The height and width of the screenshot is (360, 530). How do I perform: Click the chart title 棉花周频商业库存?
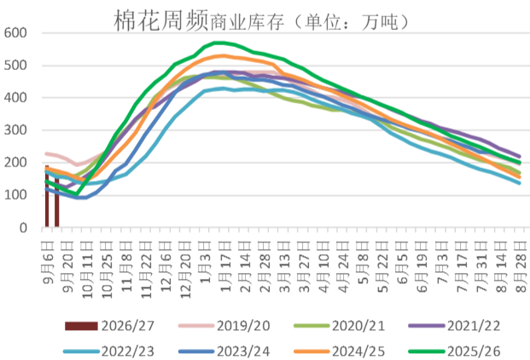pos(199,21)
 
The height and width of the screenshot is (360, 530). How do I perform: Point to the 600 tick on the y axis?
pos(15,33)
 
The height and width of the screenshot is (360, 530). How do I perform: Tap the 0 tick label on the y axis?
pos(23,229)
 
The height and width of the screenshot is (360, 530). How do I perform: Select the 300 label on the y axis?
pos(15,131)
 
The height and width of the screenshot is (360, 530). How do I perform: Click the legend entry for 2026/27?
pos(109,326)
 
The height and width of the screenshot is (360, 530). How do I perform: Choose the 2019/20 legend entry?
pos(224,326)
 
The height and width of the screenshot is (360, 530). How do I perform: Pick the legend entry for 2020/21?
pos(340,326)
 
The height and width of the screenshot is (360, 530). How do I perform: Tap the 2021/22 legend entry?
pos(455,326)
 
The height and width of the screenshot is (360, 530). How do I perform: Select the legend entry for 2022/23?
pos(109,351)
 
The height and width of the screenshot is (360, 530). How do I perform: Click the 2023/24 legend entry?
pos(224,351)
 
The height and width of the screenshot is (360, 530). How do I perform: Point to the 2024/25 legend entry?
pos(340,351)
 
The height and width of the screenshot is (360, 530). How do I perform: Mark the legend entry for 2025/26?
pos(455,351)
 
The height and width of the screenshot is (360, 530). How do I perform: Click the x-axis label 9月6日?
pos(49,263)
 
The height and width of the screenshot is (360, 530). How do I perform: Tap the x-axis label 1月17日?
pos(225,266)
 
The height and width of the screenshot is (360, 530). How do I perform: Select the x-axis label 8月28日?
pos(521,266)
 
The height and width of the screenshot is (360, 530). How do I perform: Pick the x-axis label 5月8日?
pos(363,263)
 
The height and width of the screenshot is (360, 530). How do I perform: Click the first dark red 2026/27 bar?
pos(47,196)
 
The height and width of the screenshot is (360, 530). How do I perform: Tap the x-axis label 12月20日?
pos(186,270)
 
